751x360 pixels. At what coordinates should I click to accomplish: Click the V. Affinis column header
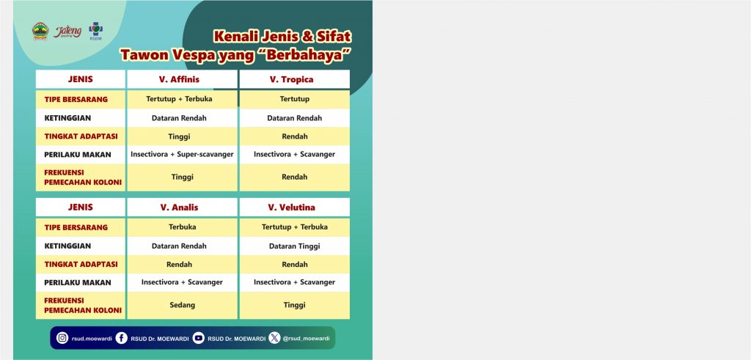pos(179,79)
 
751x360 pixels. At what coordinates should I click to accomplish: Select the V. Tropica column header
pos(291,79)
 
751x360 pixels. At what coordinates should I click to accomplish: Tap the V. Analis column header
pos(179,207)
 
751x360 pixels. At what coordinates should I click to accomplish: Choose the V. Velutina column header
pos(291,207)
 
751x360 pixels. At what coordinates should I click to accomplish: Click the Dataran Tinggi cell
pos(295,246)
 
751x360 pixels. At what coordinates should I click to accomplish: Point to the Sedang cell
pos(183,305)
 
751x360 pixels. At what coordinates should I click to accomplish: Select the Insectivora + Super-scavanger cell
pos(182,154)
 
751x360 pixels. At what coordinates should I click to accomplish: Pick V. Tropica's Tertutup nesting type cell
pos(295,99)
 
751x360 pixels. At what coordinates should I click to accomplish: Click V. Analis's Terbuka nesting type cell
pos(183,227)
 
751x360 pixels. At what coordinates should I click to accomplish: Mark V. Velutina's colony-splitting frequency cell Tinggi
pos(295,305)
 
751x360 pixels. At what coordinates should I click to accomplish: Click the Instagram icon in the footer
pos(62,338)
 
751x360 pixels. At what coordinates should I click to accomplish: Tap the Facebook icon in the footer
pos(122,338)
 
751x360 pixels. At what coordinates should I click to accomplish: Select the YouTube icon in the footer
pos(198,338)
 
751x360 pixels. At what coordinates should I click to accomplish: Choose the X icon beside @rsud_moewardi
pos(274,338)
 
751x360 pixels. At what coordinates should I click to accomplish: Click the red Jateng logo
pos(67,32)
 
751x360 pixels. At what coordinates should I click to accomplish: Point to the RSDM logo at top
pos(96,31)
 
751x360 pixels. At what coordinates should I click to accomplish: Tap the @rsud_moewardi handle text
pos(306,339)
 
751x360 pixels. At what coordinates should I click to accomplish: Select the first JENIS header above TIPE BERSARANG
pos(81,79)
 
